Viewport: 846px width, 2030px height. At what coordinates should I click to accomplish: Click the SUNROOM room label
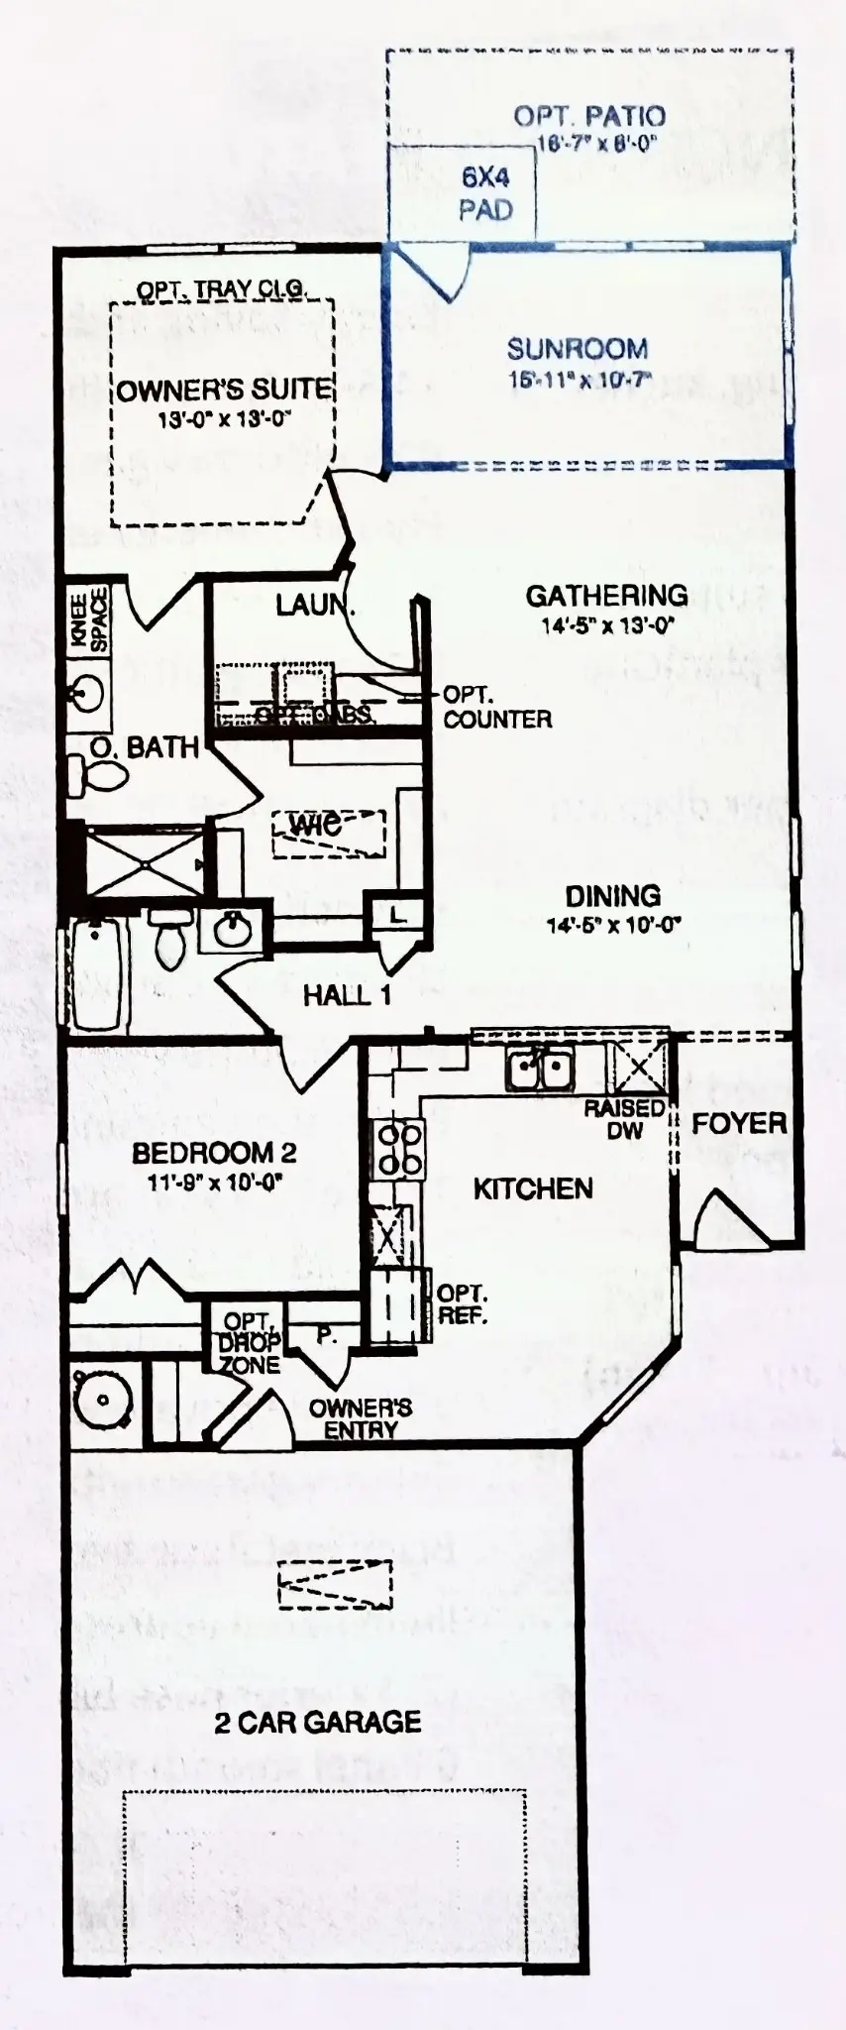(577, 349)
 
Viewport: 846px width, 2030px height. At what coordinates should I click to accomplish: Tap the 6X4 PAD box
(484, 193)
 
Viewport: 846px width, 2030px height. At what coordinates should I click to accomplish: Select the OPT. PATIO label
(588, 116)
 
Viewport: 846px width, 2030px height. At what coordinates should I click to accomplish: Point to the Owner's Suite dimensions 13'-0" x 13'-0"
(223, 419)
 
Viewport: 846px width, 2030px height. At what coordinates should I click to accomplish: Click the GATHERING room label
(606, 596)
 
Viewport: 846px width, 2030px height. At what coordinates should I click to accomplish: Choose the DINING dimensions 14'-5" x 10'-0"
(613, 926)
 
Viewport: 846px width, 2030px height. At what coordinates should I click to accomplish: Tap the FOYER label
(739, 1123)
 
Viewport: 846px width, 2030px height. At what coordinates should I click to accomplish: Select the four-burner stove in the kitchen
(398, 1150)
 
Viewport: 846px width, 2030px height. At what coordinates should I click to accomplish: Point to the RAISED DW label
(624, 1118)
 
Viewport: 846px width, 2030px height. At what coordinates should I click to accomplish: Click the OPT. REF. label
(462, 1304)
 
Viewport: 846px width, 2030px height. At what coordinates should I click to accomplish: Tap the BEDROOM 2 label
(214, 1153)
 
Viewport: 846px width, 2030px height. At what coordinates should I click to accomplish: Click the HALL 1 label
(346, 995)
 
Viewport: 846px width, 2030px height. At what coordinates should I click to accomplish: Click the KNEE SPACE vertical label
(88, 620)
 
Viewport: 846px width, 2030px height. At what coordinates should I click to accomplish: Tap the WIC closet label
(316, 824)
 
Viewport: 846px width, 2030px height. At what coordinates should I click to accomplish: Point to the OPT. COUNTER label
(496, 707)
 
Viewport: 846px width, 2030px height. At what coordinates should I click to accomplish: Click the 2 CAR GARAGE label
(317, 1722)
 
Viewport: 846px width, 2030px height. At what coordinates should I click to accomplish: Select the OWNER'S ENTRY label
(360, 1418)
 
